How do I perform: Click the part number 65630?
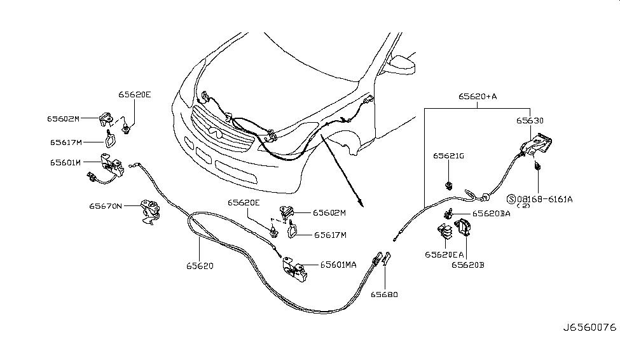pos(530,120)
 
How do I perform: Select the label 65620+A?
pos(478,97)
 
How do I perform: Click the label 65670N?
pos(107,206)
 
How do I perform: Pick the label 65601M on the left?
pos(65,163)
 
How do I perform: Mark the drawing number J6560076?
pos(589,346)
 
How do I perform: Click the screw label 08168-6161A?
pos(544,199)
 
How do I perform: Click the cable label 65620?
pos(200,265)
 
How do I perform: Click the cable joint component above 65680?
pos(382,260)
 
